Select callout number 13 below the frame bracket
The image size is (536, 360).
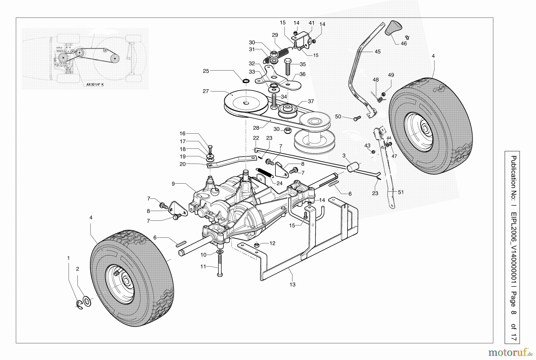pos(292,284)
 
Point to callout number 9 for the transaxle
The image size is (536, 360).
pos(173,184)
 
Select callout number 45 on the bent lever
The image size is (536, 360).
pos(378,51)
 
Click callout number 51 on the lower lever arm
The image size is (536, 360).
pos(401,192)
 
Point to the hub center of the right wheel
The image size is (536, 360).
pos(424,130)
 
